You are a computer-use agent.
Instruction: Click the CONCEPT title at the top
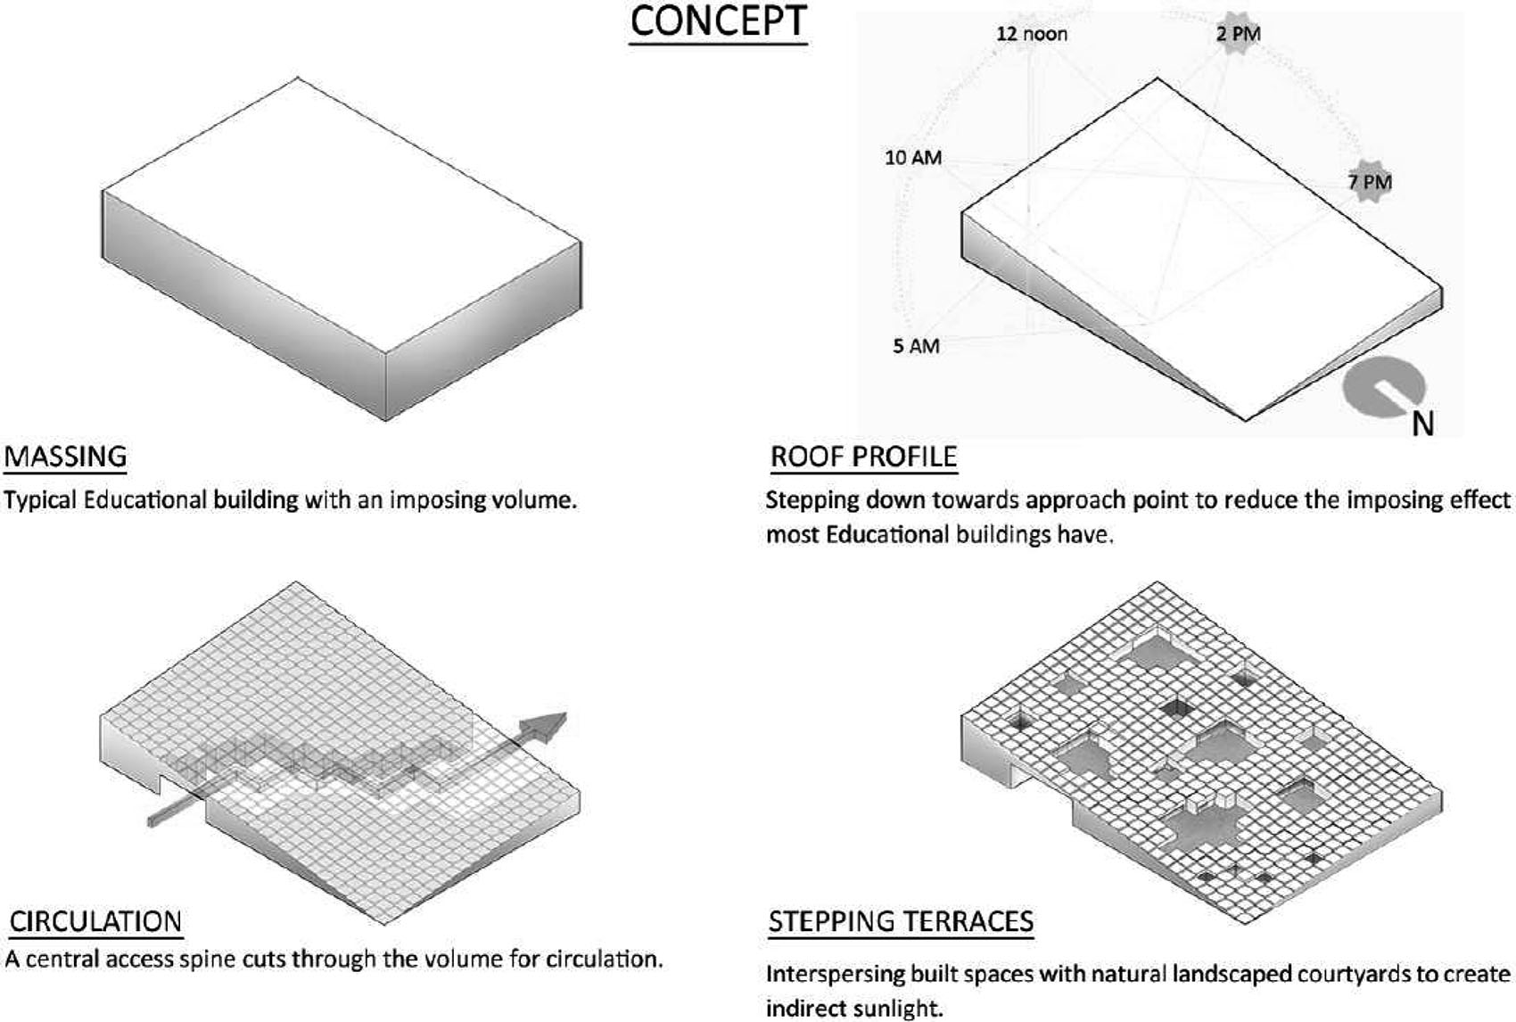[x=718, y=22]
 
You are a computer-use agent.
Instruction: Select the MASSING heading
[x=65, y=457]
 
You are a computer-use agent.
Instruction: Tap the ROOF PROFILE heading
[x=863, y=457]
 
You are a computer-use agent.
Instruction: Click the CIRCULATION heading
[x=95, y=921]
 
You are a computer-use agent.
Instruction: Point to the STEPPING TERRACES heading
[x=901, y=921]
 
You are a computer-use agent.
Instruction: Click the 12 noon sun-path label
[x=1031, y=34]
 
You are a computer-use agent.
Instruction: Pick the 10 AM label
[x=912, y=158]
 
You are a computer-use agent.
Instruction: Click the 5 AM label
[x=916, y=346]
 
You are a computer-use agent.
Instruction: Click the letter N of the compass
[x=1422, y=423]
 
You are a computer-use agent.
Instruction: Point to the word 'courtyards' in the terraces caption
[x=1354, y=974]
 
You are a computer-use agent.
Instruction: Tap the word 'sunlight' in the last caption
[x=896, y=1010]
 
